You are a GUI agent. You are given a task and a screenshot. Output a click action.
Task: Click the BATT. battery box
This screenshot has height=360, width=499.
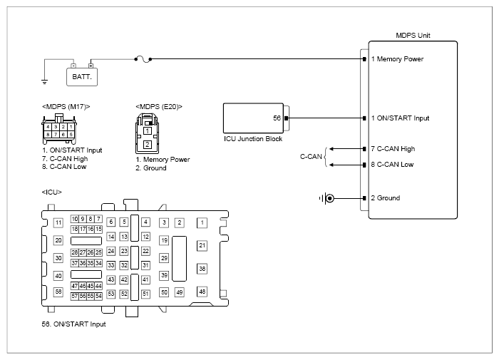tap(82, 77)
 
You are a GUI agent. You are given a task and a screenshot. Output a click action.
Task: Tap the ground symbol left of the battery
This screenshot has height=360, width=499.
tap(44, 82)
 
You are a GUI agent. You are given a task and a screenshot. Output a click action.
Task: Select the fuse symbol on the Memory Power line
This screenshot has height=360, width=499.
tap(143, 59)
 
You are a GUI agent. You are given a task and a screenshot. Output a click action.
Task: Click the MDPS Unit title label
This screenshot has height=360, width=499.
tap(413, 36)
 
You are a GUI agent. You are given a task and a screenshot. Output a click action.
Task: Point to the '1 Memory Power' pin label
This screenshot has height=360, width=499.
tap(397, 59)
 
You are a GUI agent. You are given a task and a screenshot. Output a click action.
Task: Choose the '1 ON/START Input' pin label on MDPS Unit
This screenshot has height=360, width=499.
tap(400, 118)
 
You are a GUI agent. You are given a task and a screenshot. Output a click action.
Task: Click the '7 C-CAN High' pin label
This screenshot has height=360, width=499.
tap(393, 149)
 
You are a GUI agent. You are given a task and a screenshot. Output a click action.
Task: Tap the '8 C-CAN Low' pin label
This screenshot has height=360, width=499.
tap(392, 165)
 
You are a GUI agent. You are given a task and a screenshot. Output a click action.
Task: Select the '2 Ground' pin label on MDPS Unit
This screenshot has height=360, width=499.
tap(386, 198)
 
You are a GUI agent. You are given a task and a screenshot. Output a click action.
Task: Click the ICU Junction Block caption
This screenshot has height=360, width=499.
tap(253, 139)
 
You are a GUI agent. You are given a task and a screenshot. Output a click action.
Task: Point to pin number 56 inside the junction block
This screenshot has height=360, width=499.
tap(277, 118)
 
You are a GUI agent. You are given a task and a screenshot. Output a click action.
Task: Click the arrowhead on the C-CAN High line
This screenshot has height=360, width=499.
tap(331, 149)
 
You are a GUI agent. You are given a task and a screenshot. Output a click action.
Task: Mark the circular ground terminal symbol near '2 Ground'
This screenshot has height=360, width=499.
tap(330, 198)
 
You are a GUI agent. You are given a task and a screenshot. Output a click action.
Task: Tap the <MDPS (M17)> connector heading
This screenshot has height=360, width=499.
tap(66, 107)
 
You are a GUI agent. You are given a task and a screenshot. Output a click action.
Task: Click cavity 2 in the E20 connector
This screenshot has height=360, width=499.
tap(148, 145)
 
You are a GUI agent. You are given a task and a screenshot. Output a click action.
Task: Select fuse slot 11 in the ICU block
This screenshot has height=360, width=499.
tap(58, 222)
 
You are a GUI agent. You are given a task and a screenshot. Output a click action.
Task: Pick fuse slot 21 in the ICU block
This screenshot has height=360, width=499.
tap(202, 245)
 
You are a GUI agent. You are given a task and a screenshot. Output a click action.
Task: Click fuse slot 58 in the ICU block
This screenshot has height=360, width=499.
tap(58, 292)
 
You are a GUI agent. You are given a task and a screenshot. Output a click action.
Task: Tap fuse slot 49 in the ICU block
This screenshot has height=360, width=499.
tap(180, 292)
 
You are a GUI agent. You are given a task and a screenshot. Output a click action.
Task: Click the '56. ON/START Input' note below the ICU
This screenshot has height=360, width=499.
tap(73, 324)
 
